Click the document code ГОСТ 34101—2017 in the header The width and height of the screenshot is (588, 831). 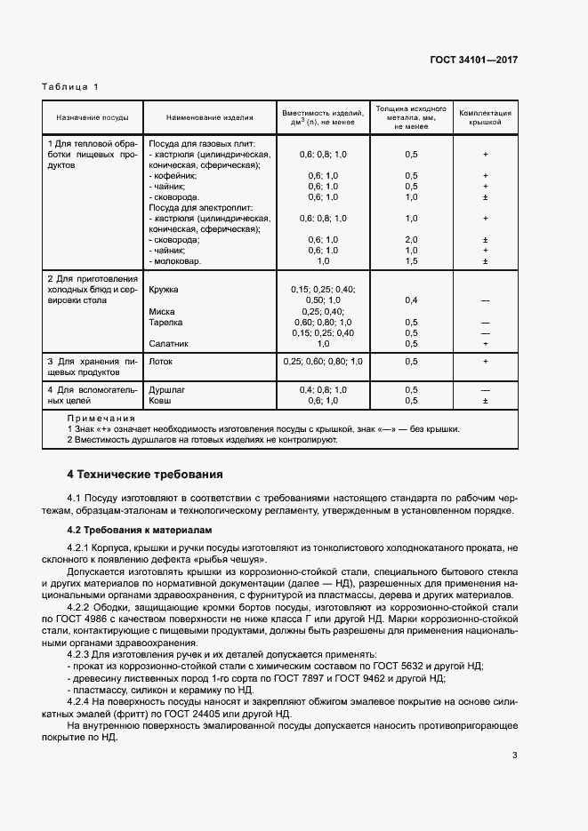coord(474,60)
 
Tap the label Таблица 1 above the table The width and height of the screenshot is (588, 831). coord(70,86)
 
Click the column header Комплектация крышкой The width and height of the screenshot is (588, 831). coord(485,117)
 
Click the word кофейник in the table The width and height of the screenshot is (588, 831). coord(175,176)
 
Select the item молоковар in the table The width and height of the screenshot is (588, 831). coord(178,261)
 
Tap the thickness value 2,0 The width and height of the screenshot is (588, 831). coord(411,240)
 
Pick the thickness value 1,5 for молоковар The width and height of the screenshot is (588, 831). coord(411,261)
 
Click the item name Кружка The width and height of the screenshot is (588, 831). coord(164,290)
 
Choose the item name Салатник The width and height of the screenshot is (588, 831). coord(168,343)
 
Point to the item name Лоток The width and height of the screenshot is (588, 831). coord(160,362)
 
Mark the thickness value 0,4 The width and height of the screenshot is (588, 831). coord(411,300)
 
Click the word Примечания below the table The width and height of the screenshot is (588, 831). coord(101,418)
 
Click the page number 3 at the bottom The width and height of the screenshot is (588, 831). coord(514,755)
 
